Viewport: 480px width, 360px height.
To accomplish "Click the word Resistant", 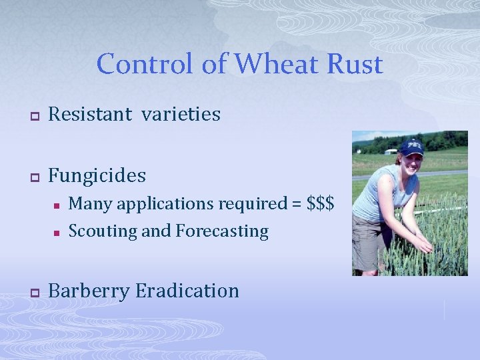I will click(90, 114).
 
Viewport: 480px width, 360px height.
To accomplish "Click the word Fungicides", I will click(97, 175).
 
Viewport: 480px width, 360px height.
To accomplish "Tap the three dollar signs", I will click(321, 203).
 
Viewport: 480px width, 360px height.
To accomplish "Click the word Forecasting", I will click(222, 231).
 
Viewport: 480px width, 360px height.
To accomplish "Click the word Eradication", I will click(187, 291).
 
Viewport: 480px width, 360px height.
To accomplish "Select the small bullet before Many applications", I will click(57, 204).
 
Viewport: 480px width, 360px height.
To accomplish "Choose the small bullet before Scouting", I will click(57, 233).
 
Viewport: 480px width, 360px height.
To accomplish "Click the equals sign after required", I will click(296, 203).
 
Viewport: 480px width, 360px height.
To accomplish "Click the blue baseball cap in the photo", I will click(411, 146).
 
